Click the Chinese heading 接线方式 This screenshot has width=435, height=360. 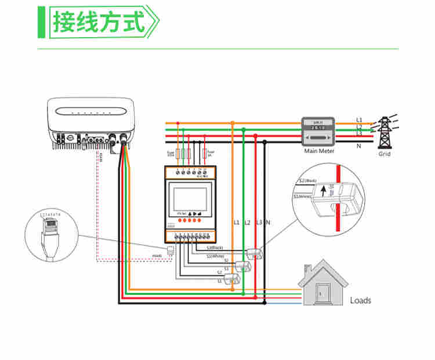(98, 23)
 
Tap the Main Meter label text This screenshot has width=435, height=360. (319, 151)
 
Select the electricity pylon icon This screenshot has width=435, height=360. (384, 132)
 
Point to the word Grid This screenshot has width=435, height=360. (385, 154)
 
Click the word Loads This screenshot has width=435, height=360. (360, 300)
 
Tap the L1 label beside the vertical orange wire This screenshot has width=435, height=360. (236, 223)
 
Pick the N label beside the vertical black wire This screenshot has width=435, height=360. (268, 223)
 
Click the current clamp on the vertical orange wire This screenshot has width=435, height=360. (233, 278)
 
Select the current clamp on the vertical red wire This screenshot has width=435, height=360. (255, 253)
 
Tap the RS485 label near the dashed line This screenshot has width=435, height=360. (157, 256)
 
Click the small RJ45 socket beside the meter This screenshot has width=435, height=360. (171, 251)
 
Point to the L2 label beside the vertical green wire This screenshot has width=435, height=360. (247, 223)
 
